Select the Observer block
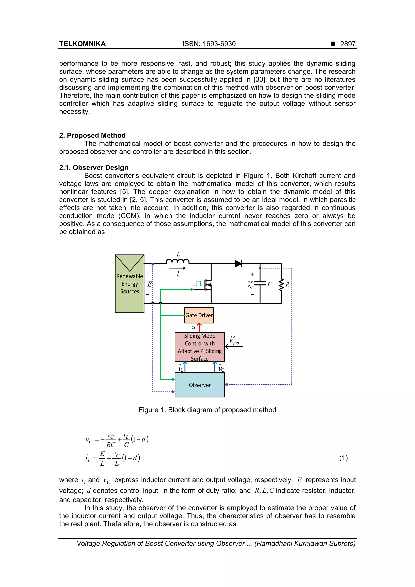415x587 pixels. pos(199,385)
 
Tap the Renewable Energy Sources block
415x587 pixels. pos(130,284)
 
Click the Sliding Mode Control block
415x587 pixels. pos(199,347)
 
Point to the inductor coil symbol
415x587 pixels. pos(178,261)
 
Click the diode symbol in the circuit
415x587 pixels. pos(238,264)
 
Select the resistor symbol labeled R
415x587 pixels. pos(281,284)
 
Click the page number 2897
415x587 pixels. pos(348,44)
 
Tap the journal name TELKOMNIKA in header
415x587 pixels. pos(82,44)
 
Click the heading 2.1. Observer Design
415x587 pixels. pos(94,167)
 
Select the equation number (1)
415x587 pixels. pos(343,458)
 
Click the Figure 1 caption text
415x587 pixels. pos(207,410)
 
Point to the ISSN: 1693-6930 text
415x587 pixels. pos(209,44)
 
